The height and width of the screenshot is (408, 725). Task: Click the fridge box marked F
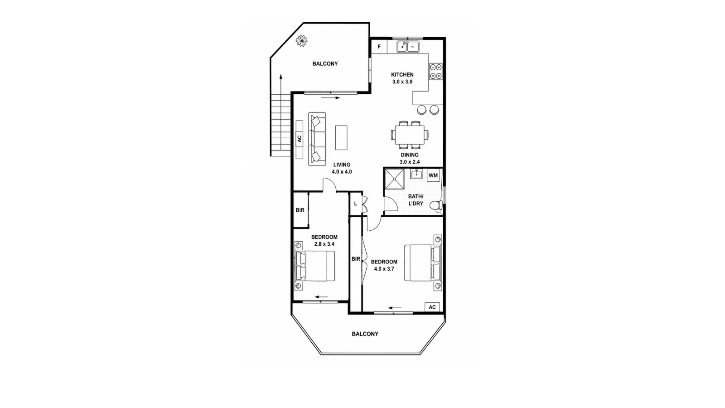coord(379,47)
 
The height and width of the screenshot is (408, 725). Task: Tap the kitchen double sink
coord(408,47)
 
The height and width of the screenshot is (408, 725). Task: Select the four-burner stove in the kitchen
coord(435,72)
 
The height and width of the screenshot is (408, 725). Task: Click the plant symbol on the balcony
coord(302,41)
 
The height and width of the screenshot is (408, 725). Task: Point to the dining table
coord(410,135)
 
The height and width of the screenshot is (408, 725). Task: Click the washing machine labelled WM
coord(433,175)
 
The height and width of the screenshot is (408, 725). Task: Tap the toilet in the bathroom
coord(437,205)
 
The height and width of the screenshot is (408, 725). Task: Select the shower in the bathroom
coord(395,179)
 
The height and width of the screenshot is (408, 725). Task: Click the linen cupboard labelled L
coord(356,204)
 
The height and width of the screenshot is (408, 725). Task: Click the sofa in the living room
coord(317,139)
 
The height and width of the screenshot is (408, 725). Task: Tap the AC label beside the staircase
coord(300,139)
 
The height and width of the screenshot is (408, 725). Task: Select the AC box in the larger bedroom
coord(432,307)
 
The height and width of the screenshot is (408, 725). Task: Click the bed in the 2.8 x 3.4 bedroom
coord(314,266)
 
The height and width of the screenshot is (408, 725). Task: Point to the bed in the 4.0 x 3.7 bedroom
coord(422,262)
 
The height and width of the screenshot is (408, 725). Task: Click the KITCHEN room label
coord(402,74)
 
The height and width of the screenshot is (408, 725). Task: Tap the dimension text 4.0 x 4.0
coord(342,172)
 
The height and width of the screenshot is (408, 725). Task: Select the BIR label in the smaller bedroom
coord(300,210)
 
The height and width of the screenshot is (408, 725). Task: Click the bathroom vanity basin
coord(416,174)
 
